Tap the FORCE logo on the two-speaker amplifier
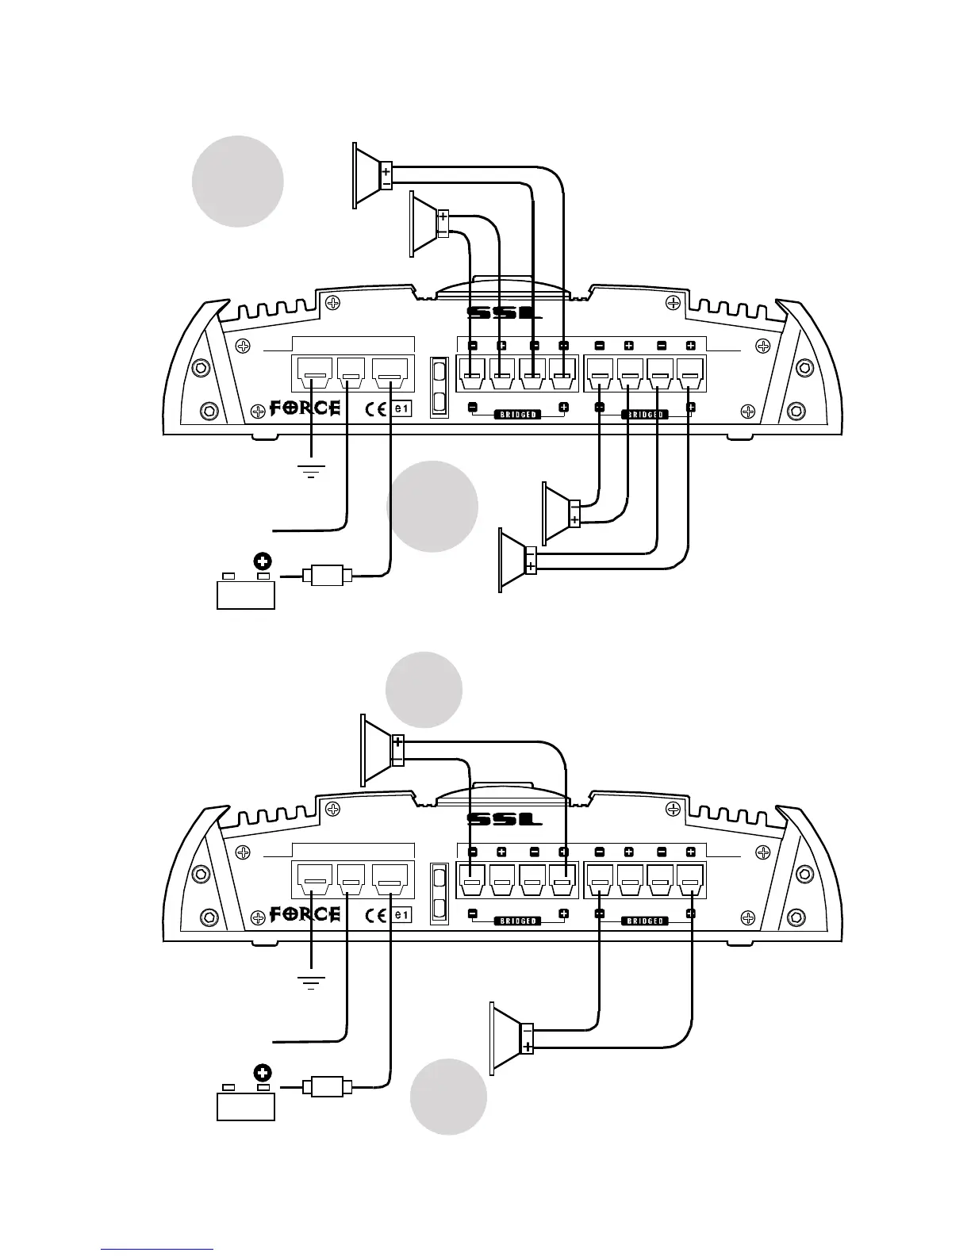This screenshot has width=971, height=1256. (306, 914)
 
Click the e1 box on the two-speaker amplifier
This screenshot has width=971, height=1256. (403, 915)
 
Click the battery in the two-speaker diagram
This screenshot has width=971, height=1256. (246, 1105)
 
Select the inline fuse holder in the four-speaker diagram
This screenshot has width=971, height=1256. (326, 574)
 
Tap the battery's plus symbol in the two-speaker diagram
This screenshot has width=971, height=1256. (263, 1073)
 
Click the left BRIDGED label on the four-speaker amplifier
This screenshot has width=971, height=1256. (518, 415)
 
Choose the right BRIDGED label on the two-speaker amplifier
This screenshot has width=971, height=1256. (645, 921)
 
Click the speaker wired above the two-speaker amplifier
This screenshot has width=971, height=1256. (382, 749)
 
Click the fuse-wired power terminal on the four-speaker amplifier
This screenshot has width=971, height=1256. (392, 370)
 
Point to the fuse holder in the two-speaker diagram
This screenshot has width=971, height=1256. (326, 1086)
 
